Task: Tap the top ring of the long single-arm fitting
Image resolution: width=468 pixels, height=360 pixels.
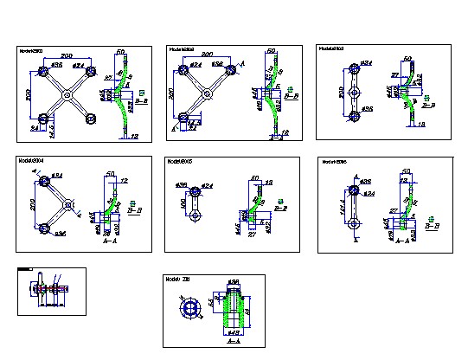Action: click(354, 189)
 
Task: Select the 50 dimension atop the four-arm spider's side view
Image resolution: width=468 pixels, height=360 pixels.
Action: click(120, 53)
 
